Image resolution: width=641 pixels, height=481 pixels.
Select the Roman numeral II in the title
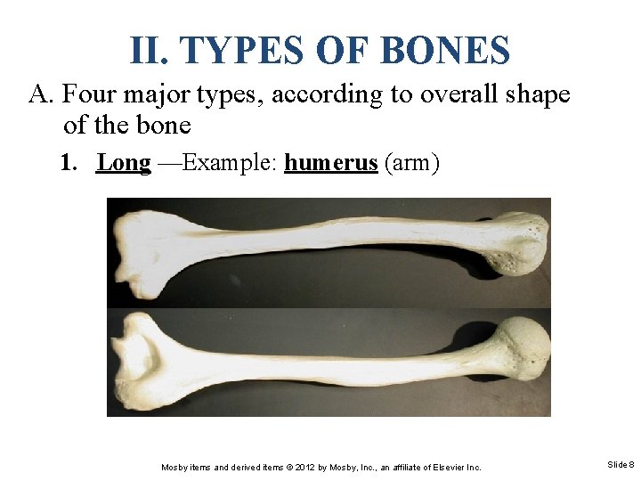148,51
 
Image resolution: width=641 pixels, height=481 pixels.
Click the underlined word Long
124,164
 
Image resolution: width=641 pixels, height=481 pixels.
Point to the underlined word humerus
331,164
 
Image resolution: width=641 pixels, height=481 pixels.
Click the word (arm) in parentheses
411,164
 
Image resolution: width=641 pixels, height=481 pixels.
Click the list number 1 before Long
68,164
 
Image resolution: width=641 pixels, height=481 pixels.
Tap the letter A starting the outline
40,94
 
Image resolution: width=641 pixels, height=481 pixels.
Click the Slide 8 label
621,465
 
